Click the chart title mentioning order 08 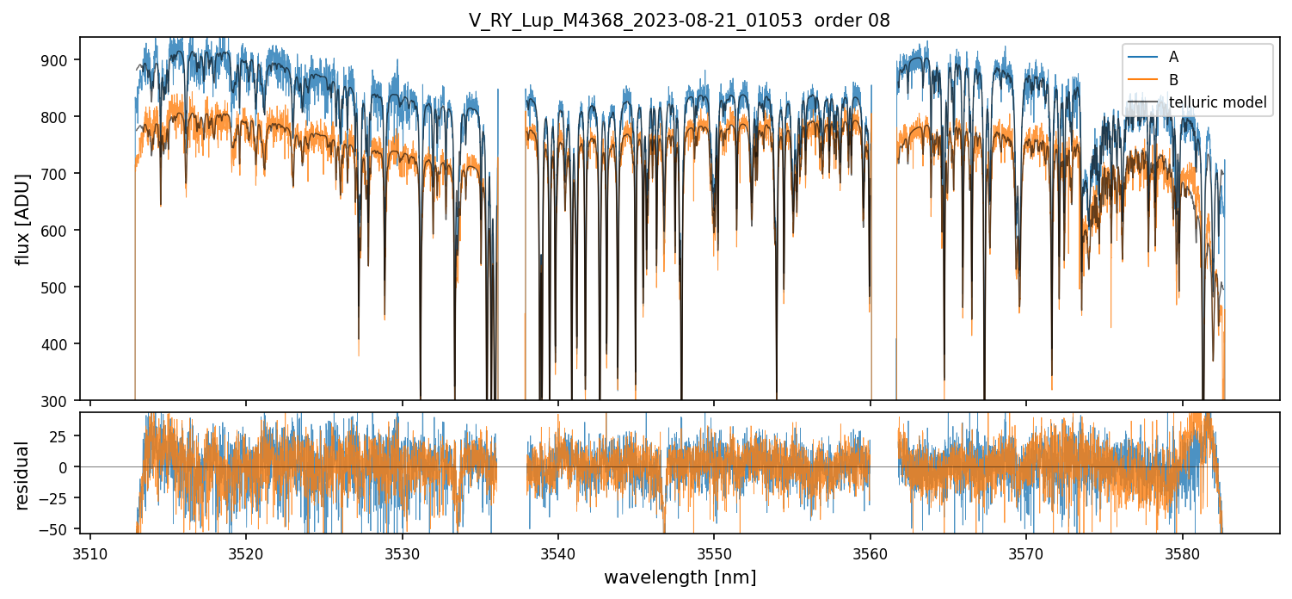click(680, 21)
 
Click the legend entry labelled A click(1173, 58)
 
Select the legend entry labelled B click(1173, 80)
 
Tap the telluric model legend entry click(1217, 102)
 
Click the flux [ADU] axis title click(23, 219)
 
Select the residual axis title click(23, 475)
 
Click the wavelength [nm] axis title click(680, 577)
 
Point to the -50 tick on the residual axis click(60, 528)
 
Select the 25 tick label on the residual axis click(65, 435)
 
